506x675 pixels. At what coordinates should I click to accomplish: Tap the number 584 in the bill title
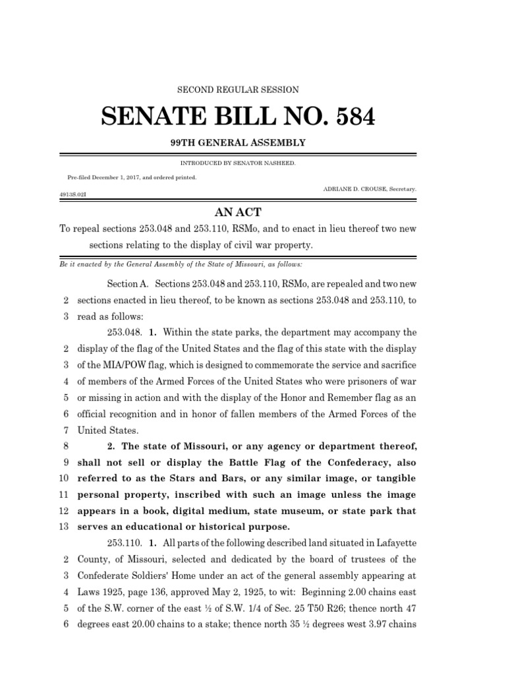click(x=349, y=117)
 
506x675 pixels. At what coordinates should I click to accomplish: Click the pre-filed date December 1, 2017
click(x=123, y=177)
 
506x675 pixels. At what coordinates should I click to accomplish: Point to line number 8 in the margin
click(x=66, y=446)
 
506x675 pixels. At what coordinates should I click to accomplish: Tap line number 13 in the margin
click(x=64, y=527)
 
